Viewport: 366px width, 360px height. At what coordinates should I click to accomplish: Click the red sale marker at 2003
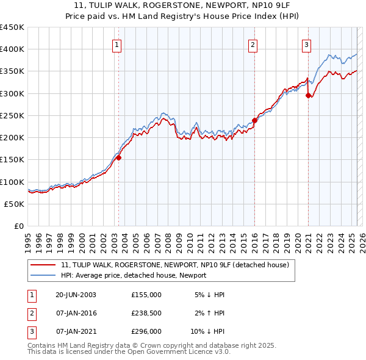119,157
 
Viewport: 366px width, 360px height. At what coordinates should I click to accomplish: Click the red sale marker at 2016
254,120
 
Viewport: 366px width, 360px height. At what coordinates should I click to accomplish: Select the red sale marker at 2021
308,95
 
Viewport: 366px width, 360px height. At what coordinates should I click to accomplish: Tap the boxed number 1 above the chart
117,44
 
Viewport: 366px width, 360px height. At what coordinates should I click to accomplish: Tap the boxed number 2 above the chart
253,44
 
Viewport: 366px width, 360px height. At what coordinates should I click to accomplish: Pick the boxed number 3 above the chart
306,44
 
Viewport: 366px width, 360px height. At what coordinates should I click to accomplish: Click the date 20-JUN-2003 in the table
76,295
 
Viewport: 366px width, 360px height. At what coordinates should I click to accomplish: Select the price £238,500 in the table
146,313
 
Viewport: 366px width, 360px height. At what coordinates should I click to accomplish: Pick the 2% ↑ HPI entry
210,313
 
